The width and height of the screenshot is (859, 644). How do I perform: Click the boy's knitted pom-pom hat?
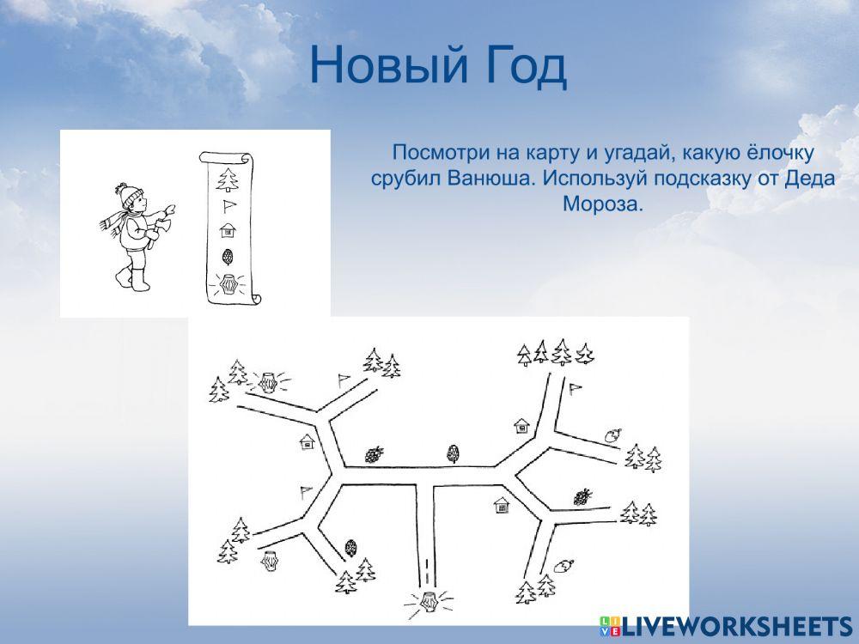(129, 194)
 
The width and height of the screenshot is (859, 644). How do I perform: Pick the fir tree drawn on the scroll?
(228, 179)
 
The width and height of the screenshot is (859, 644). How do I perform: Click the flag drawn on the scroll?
(228, 205)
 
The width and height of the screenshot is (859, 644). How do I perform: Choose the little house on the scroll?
(228, 229)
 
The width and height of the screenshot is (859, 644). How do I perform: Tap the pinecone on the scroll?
(228, 256)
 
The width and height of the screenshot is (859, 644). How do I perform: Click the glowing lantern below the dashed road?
(428, 601)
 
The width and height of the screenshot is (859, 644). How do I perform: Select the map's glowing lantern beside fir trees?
(271, 380)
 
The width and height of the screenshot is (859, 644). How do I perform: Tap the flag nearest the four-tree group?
(576, 389)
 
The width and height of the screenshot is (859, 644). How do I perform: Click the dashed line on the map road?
(427, 568)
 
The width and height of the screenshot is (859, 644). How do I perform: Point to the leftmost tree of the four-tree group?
(524, 354)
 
